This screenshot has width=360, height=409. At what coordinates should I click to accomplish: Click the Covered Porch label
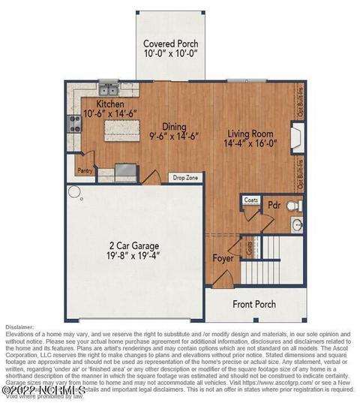[170, 44]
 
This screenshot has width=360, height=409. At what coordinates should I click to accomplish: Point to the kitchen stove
[75, 124]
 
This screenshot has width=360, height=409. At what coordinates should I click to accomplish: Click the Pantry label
[85, 170]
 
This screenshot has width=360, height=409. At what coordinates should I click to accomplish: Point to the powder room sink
[297, 224]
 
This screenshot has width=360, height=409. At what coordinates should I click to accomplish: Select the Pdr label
[274, 204]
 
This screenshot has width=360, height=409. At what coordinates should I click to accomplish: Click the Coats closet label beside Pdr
[250, 200]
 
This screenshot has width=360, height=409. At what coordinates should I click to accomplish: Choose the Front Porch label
[253, 304]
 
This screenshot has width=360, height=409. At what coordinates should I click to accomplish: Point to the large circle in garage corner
[74, 192]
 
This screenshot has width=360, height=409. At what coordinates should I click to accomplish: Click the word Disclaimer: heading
[20, 327]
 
